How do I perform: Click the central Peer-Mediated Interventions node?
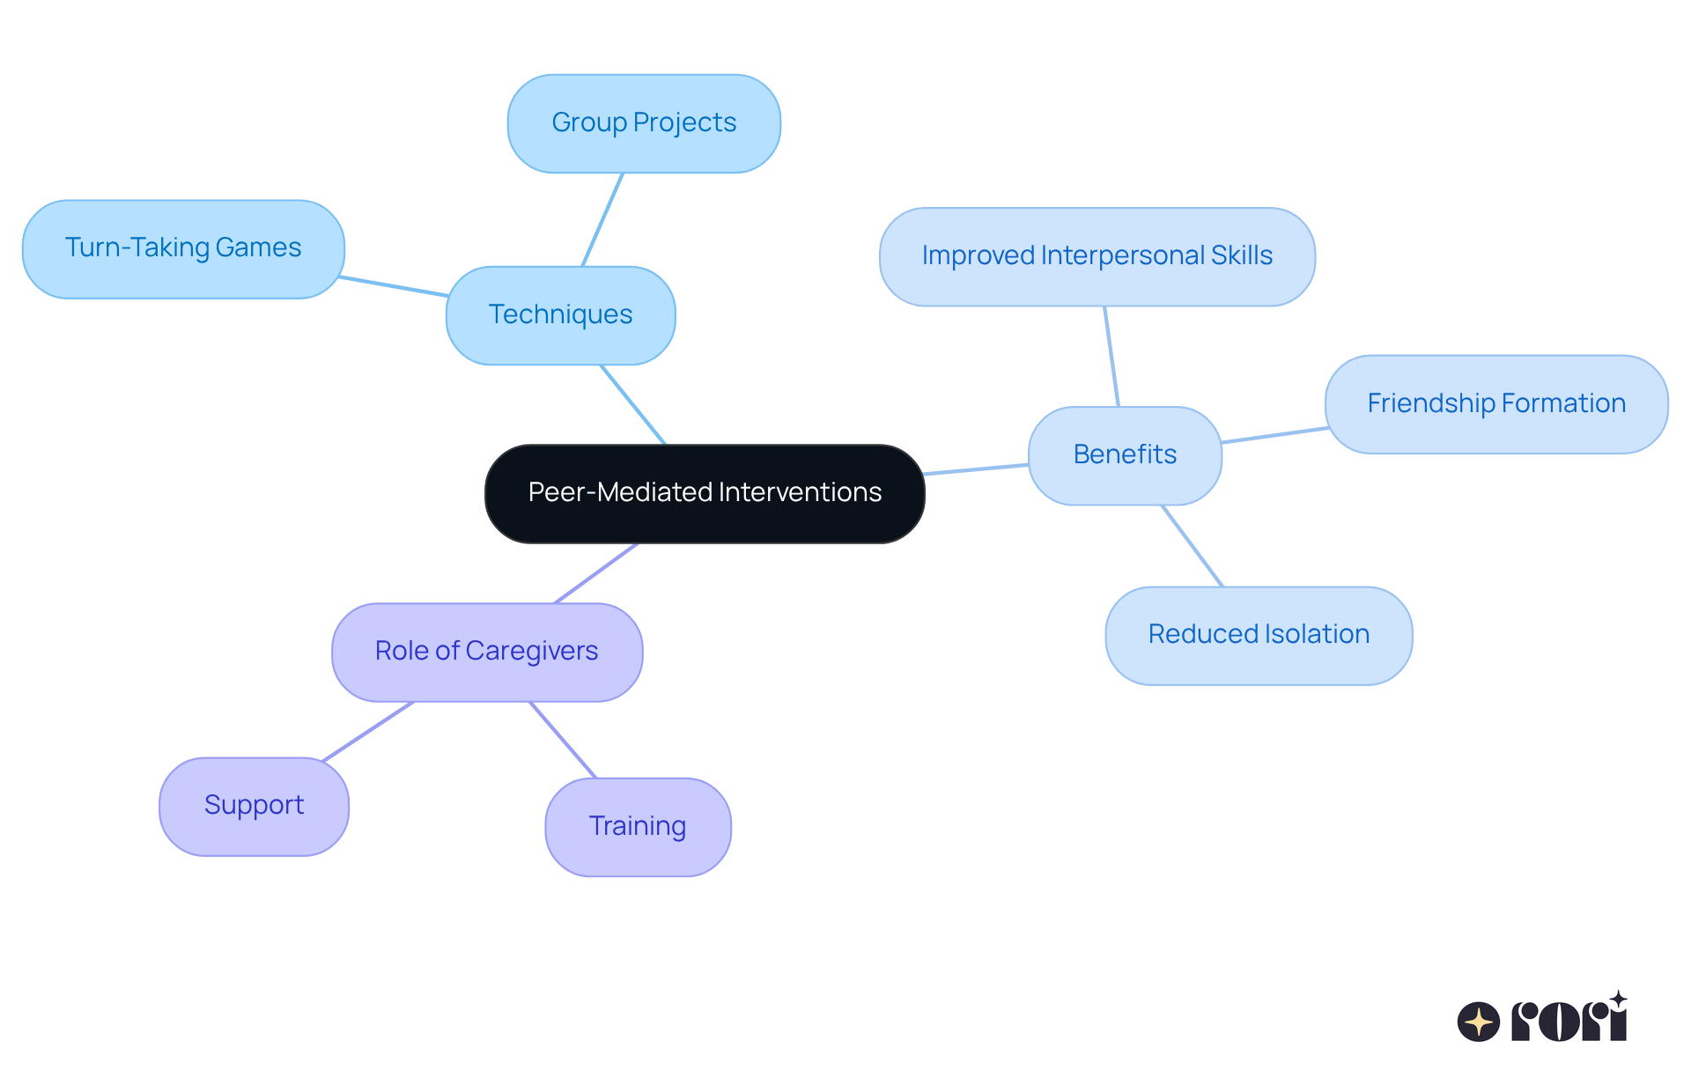click(705, 493)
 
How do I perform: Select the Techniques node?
click(560, 315)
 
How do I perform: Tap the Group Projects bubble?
click(644, 123)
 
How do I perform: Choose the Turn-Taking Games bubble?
click(183, 248)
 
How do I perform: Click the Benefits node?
click(1125, 455)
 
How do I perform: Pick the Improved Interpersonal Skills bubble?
click(1097, 256)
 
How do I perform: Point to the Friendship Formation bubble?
click(1495, 404)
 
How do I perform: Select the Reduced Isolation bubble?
click(1259, 635)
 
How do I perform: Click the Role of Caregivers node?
click(486, 652)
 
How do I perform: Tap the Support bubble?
click(254, 806)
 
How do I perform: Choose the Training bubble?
click(638, 827)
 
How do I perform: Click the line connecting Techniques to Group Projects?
click(602, 219)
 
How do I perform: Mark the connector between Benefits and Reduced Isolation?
click(1193, 546)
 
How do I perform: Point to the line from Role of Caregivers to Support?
click(368, 731)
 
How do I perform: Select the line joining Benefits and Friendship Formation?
click(1274, 435)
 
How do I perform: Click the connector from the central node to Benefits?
click(976, 469)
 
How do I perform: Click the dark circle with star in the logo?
click(1479, 1022)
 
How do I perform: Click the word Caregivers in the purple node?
click(531, 652)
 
